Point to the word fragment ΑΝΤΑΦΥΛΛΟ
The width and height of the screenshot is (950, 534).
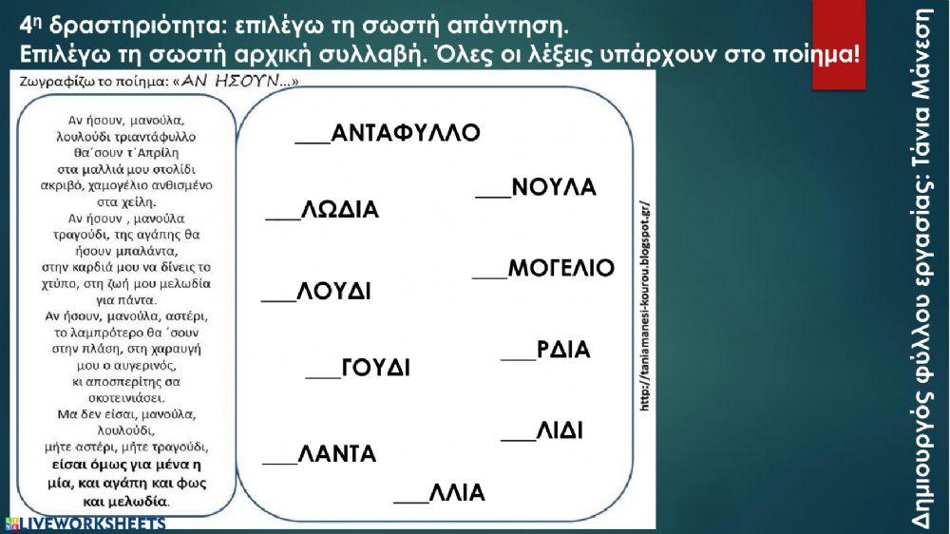tap(406, 132)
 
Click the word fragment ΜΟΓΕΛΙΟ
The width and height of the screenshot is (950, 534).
tap(561, 268)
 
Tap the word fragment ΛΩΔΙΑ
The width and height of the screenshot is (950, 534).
tap(340, 210)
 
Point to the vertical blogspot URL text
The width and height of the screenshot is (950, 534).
tap(645, 304)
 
